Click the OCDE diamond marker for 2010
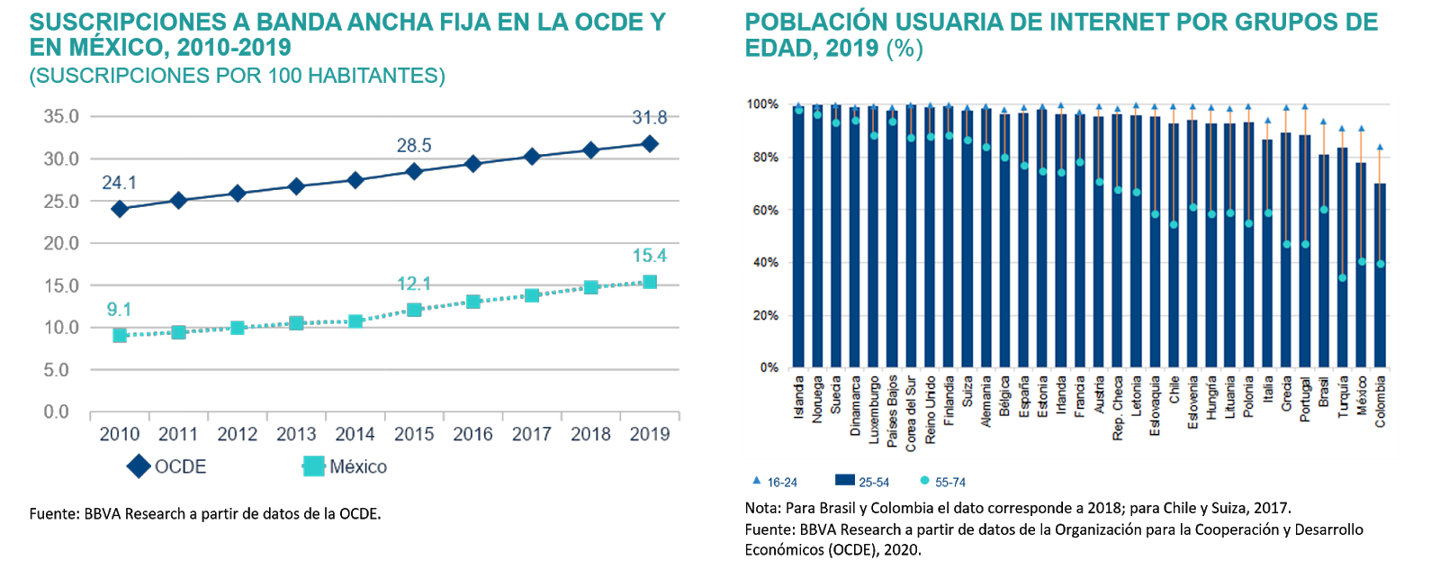point(120,209)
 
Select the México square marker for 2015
point(414,310)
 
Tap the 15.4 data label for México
point(650,256)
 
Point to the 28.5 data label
point(414,146)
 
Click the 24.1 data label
point(119,184)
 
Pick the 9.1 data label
point(119,310)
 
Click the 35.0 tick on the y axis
point(61,116)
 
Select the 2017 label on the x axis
point(532,435)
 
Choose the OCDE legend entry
point(168,466)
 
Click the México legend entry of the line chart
point(346,466)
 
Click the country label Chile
point(1174,390)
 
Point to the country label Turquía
point(1343,396)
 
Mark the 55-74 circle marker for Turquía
point(1343,277)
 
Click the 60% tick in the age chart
point(762,211)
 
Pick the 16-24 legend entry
point(775,483)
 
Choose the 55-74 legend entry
point(942,483)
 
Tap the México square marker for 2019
point(650,283)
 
